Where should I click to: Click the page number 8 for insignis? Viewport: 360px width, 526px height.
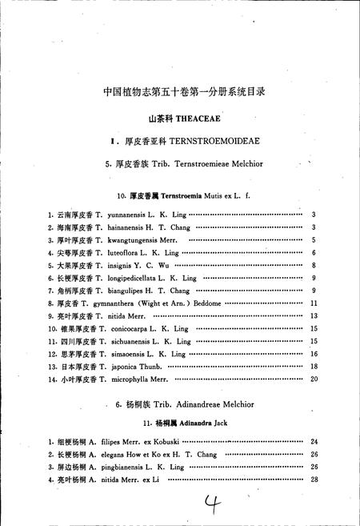[314, 265]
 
